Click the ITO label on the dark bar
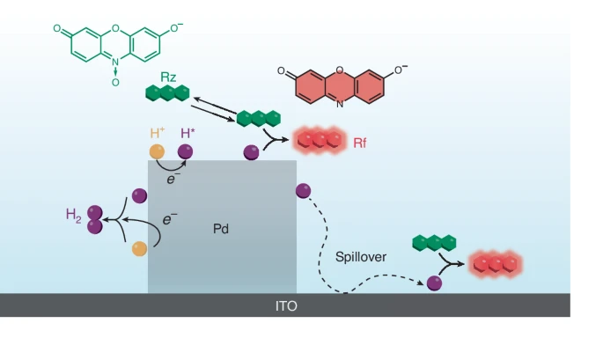[x=286, y=306]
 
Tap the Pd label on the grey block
[x=221, y=229]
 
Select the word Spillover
[x=361, y=258]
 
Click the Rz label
[x=170, y=77]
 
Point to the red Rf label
[x=359, y=141]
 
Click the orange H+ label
[x=158, y=133]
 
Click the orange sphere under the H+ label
[x=157, y=151]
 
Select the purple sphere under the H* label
[x=185, y=151]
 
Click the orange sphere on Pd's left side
[x=139, y=249]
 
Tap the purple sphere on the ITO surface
[x=434, y=283]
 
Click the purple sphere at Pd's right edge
[x=303, y=190]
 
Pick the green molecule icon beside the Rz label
[x=167, y=92]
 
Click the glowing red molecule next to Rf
[x=319, y=139]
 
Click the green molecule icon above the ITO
[x=434, y=242]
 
